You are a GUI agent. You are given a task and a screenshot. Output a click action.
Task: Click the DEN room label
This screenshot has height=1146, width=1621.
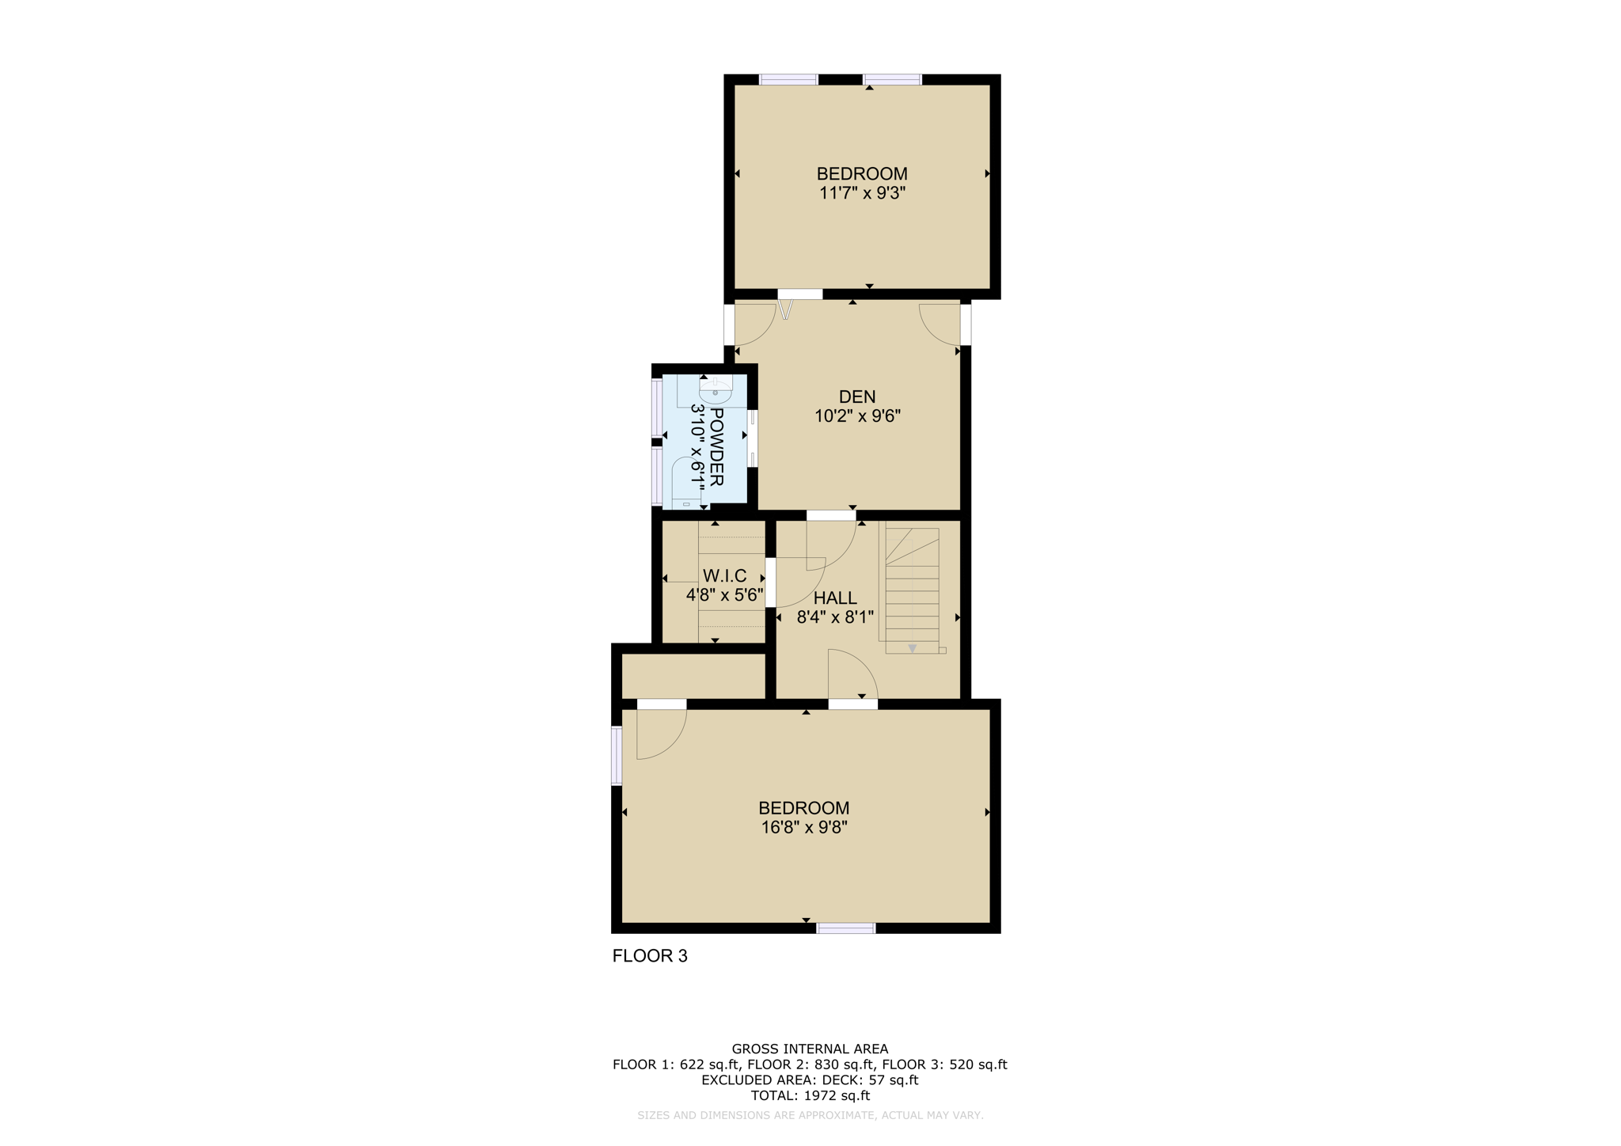[x=857, y=397]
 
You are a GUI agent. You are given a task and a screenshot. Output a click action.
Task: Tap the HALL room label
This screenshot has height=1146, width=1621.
[x=835, y=598]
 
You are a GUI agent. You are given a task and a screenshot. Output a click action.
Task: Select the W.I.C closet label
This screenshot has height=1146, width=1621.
[x=724, y=576]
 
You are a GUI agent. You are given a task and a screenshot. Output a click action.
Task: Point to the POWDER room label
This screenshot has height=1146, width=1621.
[x=716, y=447]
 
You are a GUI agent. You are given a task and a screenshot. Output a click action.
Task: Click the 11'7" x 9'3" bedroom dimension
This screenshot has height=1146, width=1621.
[x=862, y=193]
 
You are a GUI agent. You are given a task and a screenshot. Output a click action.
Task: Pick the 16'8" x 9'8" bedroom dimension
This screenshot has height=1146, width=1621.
[x=804, y=828]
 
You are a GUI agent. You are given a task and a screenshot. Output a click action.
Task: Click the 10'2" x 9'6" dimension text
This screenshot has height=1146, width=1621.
[x=857, y=416]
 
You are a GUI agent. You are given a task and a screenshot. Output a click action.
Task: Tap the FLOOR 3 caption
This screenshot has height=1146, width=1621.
[x=650, y=956]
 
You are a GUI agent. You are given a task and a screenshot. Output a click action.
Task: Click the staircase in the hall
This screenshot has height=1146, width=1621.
[x=912, y=590]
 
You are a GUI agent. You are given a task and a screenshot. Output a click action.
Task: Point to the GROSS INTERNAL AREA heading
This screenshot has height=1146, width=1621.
[x=810, y=1049]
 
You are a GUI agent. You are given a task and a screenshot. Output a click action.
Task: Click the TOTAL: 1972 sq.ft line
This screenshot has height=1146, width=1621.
[x=810, y=1096]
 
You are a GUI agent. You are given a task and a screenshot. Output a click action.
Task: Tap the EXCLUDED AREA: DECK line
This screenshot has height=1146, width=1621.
[x=810, y=1080]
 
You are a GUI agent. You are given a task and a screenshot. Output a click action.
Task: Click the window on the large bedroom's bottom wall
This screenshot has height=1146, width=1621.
[x=846, y=928]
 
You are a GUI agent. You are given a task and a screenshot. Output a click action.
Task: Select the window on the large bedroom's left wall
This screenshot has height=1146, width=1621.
[x=617, y=756]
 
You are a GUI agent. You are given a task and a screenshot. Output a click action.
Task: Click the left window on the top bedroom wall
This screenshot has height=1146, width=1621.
[x=788, y=79]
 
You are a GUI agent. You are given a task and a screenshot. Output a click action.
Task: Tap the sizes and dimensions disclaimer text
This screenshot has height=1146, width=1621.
[x=810, y=1116]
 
